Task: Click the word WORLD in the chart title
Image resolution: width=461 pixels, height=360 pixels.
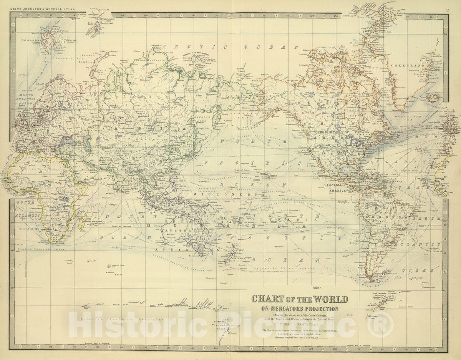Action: click(x=326, y=299)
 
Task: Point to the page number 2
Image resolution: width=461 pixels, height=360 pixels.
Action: click(x=447, y=10)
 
